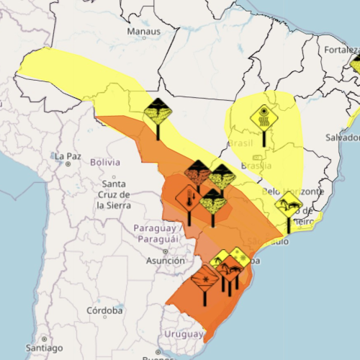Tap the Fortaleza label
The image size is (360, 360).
tap(339, 50)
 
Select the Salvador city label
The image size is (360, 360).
tap(341, 137)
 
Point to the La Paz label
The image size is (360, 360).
tap(67, 156)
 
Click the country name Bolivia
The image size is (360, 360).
tap(104, 162)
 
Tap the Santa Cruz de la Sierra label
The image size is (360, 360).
tap(113, 194)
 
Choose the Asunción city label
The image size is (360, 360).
tap(165, 260)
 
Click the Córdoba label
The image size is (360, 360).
tap(104, 311)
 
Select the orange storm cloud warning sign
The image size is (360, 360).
tap(197, 173)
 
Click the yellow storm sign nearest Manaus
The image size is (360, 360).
tap(157, 112)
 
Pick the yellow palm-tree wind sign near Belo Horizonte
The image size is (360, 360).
tap(288, 204)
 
